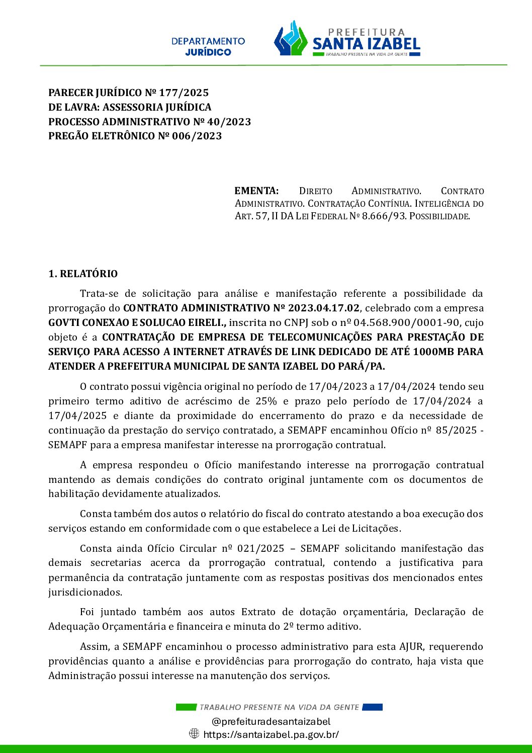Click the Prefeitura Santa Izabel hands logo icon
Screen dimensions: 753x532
[291, 39]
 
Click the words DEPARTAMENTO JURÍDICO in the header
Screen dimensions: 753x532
[208, 46]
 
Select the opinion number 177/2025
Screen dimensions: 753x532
[184, 93]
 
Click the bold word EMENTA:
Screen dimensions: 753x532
[256, 191]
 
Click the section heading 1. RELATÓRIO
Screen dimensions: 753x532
[83, 274]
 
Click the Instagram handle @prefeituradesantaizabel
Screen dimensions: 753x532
[271, 721]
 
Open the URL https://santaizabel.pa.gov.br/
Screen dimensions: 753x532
[271, 734]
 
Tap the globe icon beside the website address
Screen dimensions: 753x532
[194, 733]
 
